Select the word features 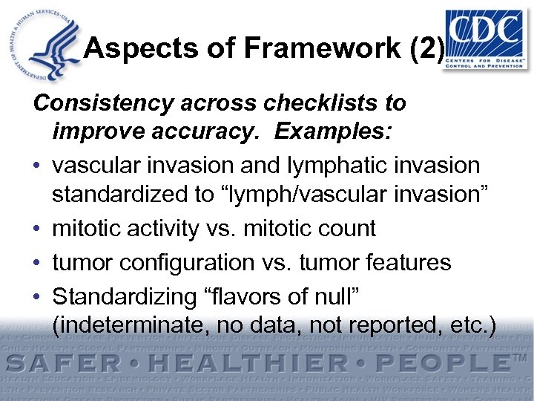(x=404, y=262)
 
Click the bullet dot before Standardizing (x=38, y=296)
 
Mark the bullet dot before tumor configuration (x=38, y=262)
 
